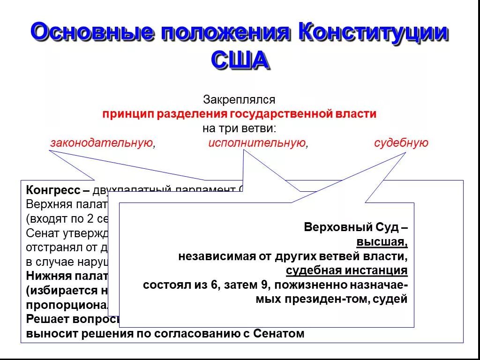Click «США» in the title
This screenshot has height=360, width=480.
coord(240,60)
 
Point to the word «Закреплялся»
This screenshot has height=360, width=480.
coord(239,100)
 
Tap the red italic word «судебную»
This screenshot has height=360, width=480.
coord(401,143)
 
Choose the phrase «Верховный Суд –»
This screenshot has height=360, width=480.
coord(356,228)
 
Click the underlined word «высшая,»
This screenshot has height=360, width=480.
coord(382,242)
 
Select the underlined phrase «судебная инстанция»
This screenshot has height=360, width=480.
coord(346,270)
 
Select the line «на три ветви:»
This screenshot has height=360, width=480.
coord(239,128)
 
